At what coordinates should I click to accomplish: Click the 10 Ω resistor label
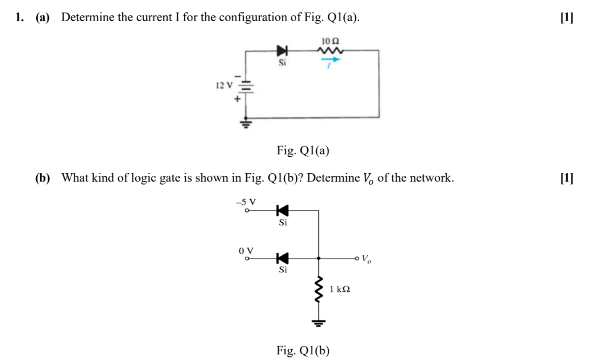(x=330, y=41)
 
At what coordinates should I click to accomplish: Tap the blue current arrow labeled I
(x=331, y=60)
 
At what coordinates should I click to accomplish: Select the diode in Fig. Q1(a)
(x=282, y=51)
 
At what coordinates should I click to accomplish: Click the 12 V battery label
(x=225, y=85)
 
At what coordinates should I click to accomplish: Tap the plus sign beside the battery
(x=238, y=98)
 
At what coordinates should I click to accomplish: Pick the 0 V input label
(x=247, y=250)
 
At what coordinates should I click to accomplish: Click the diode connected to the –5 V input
(x=282, y=210)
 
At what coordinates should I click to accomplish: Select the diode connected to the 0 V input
(x=282, y=258)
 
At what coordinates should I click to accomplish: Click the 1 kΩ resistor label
(x=340, y=290)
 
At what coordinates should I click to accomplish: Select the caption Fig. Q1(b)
(x=303, y=351)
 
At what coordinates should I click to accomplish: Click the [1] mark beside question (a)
(x=567, y=17)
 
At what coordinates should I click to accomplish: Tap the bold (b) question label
(x=43, y=178)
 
